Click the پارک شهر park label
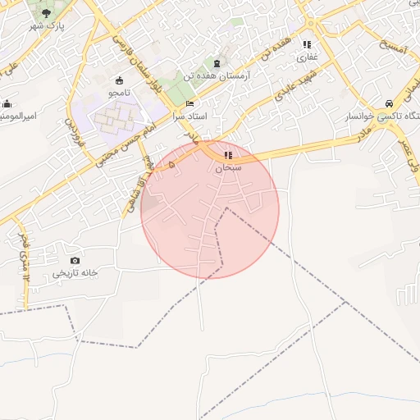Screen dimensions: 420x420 (48, 26)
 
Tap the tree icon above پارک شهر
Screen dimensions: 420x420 (45, 14)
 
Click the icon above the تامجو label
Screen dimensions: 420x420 (121, 80)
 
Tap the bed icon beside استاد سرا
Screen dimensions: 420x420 (190, 105)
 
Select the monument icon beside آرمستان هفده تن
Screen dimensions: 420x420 (217, 63)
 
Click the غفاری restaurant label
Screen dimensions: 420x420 (307, 57)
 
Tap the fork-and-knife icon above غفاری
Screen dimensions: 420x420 (307, 45)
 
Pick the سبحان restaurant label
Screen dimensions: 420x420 (227, 167)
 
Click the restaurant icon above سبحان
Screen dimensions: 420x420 (227, 154)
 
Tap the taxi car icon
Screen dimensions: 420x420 (388, 104)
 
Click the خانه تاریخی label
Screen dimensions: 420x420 (75, 272)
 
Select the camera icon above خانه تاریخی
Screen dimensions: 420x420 (75, 260)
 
